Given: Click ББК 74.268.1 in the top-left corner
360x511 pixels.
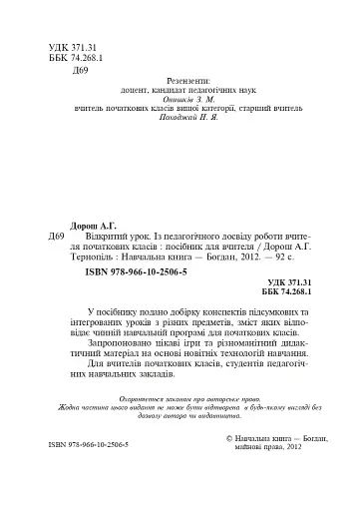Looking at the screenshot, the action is [x=76, y=59].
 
